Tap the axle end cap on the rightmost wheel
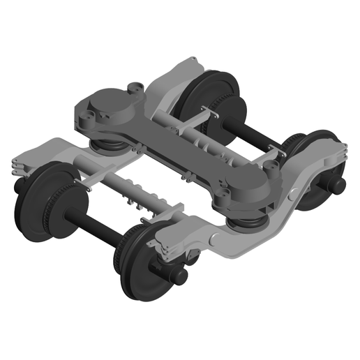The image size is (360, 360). click(x=338, y=185)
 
